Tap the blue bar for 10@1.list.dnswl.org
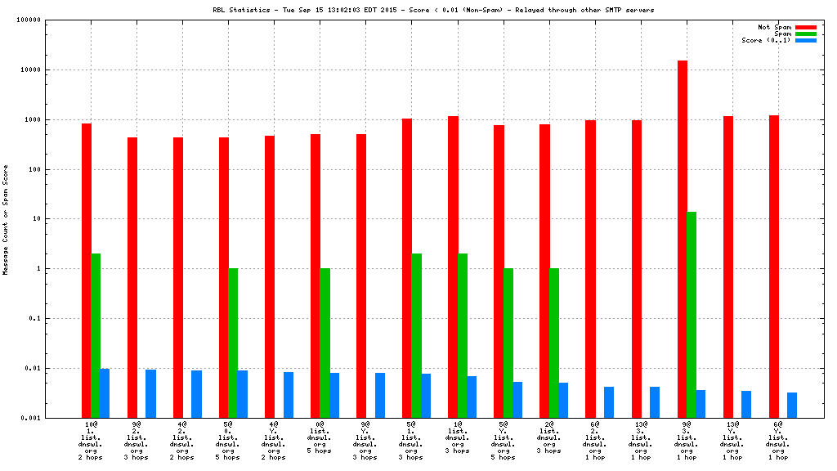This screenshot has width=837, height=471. click(105, 393)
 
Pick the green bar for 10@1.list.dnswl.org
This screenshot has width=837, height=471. click(96, 335)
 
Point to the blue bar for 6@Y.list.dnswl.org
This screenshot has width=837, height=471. click(792, 405)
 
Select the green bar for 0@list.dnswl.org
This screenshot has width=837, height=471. click(325, 343)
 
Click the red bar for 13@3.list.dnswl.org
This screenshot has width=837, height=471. click(637, 269)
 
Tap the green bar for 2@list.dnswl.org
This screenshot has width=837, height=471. click(554, 343)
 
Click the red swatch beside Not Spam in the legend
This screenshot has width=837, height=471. click(806, 27)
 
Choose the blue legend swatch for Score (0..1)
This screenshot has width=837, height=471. click(806, 40)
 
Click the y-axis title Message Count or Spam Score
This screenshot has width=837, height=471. click(7, 219)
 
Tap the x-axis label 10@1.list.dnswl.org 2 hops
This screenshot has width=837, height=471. click(91, 441)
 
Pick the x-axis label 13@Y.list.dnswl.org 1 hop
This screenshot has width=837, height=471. click(732, 441)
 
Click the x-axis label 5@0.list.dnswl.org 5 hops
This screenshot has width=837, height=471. click(228, 441)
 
